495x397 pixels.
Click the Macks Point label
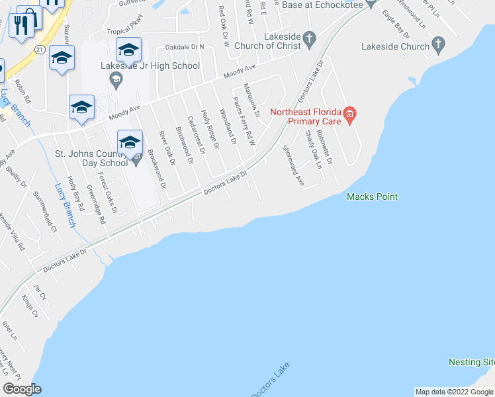pyautogui.click(x=373, y=197)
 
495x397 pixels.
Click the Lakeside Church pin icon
pyautogui.click(x=437, y=46)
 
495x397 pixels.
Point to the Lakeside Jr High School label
pyautogui.click(x=150, y=66)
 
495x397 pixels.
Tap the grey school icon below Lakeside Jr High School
pyautogui.click(x=116, y=81)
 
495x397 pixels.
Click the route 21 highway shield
pyautogui.click(x=40, y=50)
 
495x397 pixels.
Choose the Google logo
pyautogui.click(x=22, y=389)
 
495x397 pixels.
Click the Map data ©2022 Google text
pyautogui.click(x=453, y=392)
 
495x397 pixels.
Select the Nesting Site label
pyautogui.click(x=471, y=362)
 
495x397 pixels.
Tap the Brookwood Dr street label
pyautogui.click(x=157, y=169)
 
